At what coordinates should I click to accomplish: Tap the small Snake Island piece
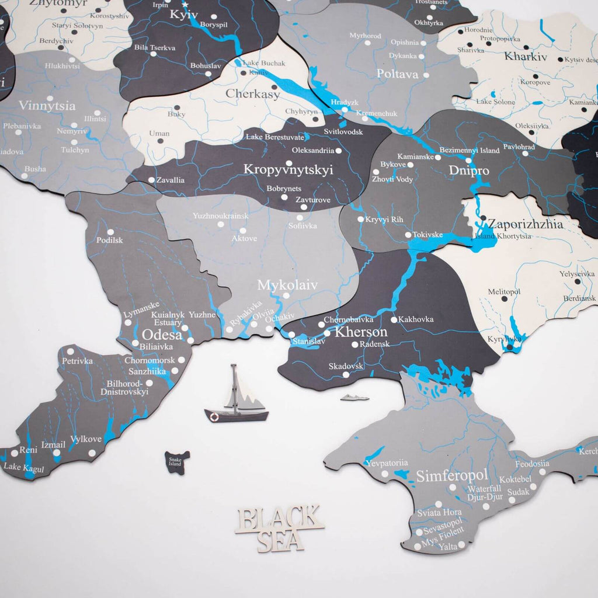(176, 462)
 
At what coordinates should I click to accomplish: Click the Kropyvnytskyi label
(288, 170)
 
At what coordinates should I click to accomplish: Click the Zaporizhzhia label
(526, 224)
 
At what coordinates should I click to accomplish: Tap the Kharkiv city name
(526, 57)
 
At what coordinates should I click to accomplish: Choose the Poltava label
(398, 74)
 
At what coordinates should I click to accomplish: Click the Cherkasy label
(253, 94)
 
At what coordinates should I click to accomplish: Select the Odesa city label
(162, 335)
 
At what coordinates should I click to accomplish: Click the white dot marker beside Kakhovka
(394, 319)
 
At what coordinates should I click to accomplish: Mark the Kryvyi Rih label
(384, 220)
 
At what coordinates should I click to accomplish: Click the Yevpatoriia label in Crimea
(386, 463)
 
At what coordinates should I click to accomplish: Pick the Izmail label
(54, 444)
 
